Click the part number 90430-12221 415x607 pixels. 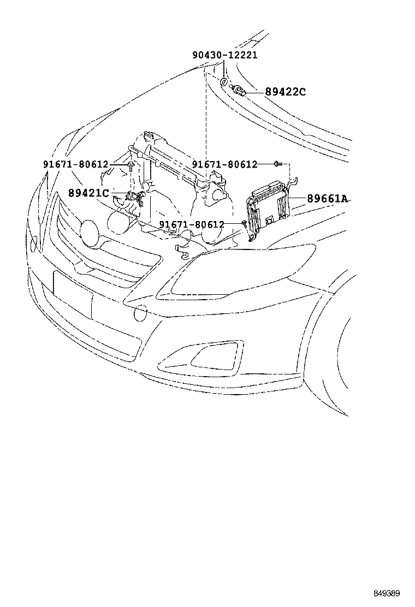point(224,55)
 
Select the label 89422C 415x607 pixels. point(285,92)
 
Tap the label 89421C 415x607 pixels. point(88,193)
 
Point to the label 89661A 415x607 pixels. point(327,199)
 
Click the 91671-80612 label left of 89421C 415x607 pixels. point(75,164)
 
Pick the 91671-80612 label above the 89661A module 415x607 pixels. point(224,164)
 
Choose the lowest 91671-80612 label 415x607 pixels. point(192,224)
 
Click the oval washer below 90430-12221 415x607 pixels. point(224,82)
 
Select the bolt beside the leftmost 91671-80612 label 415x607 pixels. point(131,166)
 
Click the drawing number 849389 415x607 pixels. point(387,593)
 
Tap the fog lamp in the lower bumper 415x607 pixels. point(204,355)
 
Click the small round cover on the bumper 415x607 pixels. point(140,313)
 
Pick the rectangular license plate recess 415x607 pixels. point(73,294)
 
